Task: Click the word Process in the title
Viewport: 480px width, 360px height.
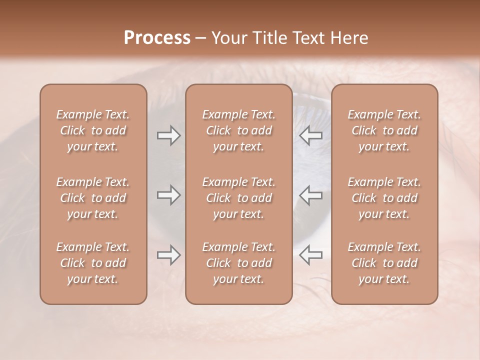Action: pos(157,37)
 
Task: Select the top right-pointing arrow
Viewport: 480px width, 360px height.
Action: pos(168,135)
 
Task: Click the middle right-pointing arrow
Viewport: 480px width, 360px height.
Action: pos(168,195)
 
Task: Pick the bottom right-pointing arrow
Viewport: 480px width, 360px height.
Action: pos(168,255)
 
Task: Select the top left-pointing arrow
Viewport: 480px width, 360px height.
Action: pos(310,135)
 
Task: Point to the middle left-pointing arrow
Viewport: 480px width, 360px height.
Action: pos(310,195)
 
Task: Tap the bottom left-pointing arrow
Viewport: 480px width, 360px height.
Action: pos(310,255)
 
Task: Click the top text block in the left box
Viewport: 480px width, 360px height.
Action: pos(93,130)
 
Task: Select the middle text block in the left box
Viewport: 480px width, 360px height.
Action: pos(93,198)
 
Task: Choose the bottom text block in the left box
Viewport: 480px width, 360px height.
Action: pos(93,263)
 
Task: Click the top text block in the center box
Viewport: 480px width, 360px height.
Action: pos(238,130)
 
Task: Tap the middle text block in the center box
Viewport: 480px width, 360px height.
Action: pos(238,198)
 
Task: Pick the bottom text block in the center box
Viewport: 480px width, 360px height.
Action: pos(238,263)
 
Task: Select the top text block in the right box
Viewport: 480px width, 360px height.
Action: pos(384,130)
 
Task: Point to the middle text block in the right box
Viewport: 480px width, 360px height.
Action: pos(384,198)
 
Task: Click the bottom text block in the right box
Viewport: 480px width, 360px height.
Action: pos(384,263)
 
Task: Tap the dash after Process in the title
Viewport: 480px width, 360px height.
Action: pos(200,38)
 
